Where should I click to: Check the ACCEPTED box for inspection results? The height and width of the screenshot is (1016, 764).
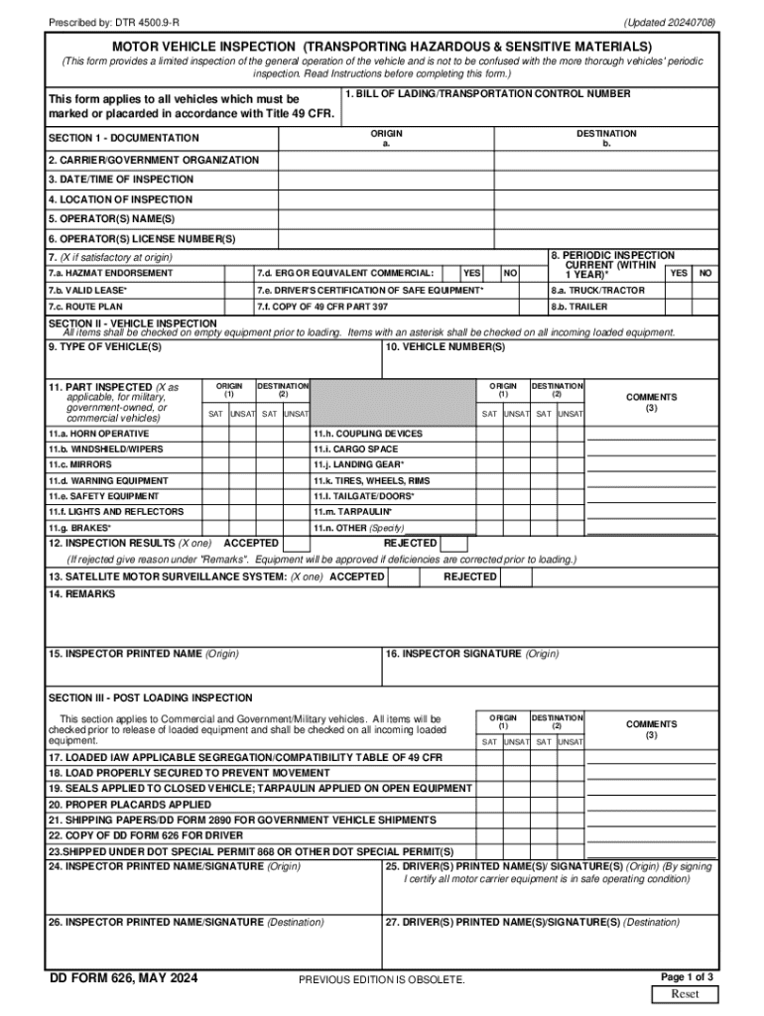tap(295, 544)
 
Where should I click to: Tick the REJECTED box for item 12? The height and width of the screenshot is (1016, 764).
tap(453, 544)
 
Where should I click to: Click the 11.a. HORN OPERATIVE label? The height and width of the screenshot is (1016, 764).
tap(98, 435)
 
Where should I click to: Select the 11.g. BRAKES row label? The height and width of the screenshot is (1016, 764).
tap(79, 528)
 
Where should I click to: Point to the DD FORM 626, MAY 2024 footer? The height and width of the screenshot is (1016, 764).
tap(124, 979)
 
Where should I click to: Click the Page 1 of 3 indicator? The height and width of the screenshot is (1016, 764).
tap(687, 976)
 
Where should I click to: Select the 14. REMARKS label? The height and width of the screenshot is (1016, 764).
tap(81, 594)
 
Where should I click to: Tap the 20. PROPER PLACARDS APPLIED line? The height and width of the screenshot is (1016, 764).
tap(129, 805)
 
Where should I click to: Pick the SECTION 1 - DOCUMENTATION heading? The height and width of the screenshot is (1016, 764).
tap(123, 138)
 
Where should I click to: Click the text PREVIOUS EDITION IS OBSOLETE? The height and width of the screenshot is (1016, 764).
tap(382, 980)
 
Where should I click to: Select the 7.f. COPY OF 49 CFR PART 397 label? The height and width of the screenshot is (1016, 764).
tap(321, 308)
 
